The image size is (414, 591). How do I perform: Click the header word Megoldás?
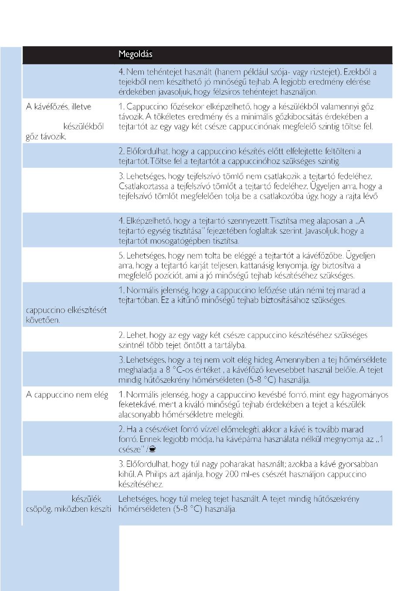pyautogui.click(x=135, y=55)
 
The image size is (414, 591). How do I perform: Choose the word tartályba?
pyautogui.click(x=230, y=345)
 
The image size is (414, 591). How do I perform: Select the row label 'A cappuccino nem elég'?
pyautogui.click(x=67, y=395)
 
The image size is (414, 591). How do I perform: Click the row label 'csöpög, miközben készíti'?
pyautogui.click(x=69, y=509)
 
